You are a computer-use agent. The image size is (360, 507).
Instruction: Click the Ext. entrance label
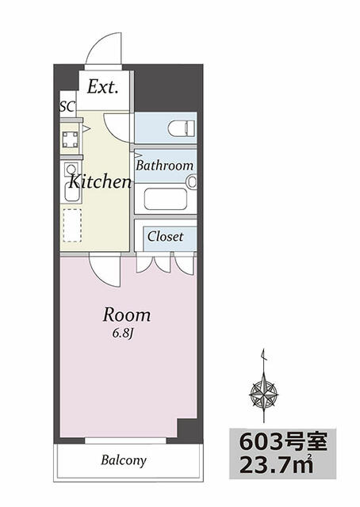[102, 86]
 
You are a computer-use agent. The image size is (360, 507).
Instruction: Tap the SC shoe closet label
[67, 106]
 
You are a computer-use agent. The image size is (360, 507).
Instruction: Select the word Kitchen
[100, 181]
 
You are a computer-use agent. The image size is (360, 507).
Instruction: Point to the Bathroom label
[164, 166]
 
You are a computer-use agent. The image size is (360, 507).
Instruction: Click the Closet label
[165, 236]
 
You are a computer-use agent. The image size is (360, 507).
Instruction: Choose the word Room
[127, 314]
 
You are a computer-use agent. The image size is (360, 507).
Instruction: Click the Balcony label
[124, 460]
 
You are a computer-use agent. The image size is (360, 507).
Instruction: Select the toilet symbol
[182, 128]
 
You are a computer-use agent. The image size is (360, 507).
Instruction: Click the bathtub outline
[166, 199]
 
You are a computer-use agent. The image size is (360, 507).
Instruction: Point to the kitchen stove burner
[71, 139]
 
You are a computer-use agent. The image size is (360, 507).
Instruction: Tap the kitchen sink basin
[71, 192]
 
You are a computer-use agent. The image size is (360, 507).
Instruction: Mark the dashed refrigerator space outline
[72, 225]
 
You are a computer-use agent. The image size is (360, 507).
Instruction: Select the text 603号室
[283, 442]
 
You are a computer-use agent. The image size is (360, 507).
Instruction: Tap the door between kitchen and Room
[105, 271]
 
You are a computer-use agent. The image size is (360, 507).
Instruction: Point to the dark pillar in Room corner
[187, 429]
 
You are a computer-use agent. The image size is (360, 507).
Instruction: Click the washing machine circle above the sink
[71, 169]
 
